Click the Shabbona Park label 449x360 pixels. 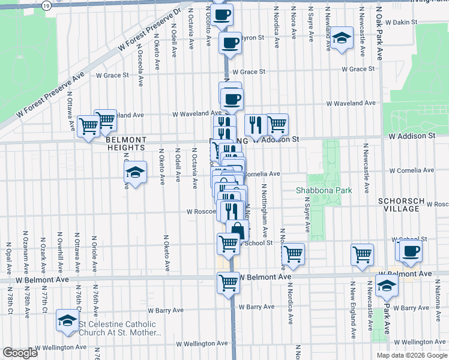pyautogui.click(x=332, y=190)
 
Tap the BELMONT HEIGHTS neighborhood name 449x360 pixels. pyautogui.click(x=125, y=143)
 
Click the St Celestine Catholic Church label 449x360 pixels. pyautogui.click(x=118, y=328)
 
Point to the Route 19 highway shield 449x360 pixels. pyautogui.click(x=47, y=5)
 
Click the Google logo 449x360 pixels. pyautogui.click(x=20, y=353)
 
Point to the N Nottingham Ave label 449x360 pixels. pyautogui.click(x=264, y=210)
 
